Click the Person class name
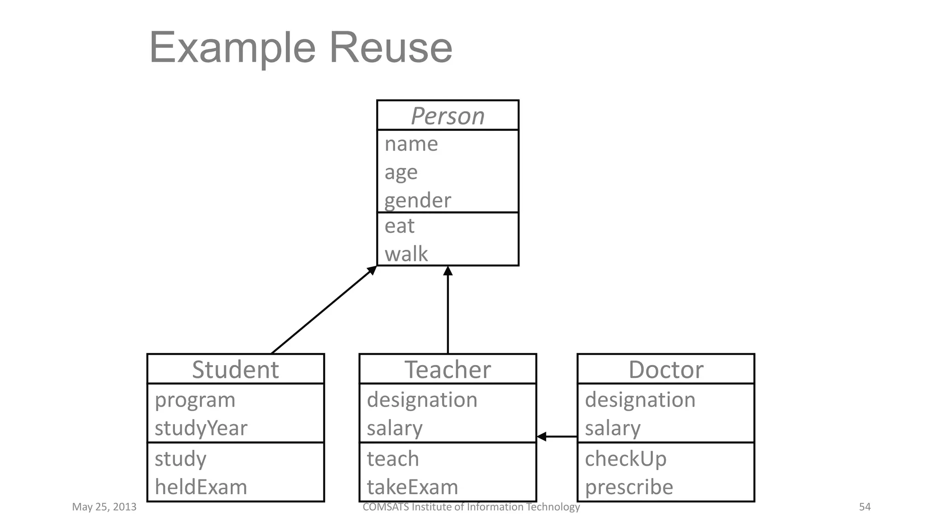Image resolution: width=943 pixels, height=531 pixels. [x=448, y=116]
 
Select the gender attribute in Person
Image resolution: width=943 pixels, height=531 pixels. [x=418, y=201]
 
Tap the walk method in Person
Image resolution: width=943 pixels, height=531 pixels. [x=406, y=254]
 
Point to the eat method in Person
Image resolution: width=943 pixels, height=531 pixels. [x=399, y=226]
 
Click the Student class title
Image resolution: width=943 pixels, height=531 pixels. [x=235, y=370]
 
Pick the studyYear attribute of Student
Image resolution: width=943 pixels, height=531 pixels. [x=201, y=428]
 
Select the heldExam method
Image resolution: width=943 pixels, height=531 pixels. [x=201, y=487]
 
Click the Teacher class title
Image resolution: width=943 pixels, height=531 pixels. [x=448, y=370]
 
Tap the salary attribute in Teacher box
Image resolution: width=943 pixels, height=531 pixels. [x=395, y=428]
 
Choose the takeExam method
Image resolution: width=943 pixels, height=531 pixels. [x=413, y=487]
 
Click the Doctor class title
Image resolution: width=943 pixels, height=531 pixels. [x=666, y=370]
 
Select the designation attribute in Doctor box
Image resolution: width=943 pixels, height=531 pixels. [x=640, y=400]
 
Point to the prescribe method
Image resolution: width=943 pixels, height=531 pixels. [x=629, y=487]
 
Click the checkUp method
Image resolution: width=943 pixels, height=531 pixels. [x=625, y=459]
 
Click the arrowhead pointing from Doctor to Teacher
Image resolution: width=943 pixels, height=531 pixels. [x=542, y=437]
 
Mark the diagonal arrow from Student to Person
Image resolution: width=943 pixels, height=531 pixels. [x=322, y=311]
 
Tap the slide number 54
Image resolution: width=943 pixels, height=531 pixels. [x=865, y=507]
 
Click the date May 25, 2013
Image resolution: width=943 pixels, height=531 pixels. [x=104, y=507]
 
